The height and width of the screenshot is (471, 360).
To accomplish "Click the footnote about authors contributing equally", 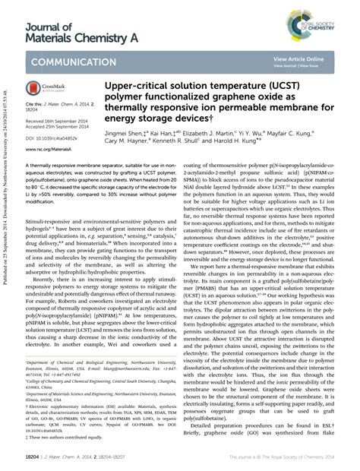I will [x=59, y=437].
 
